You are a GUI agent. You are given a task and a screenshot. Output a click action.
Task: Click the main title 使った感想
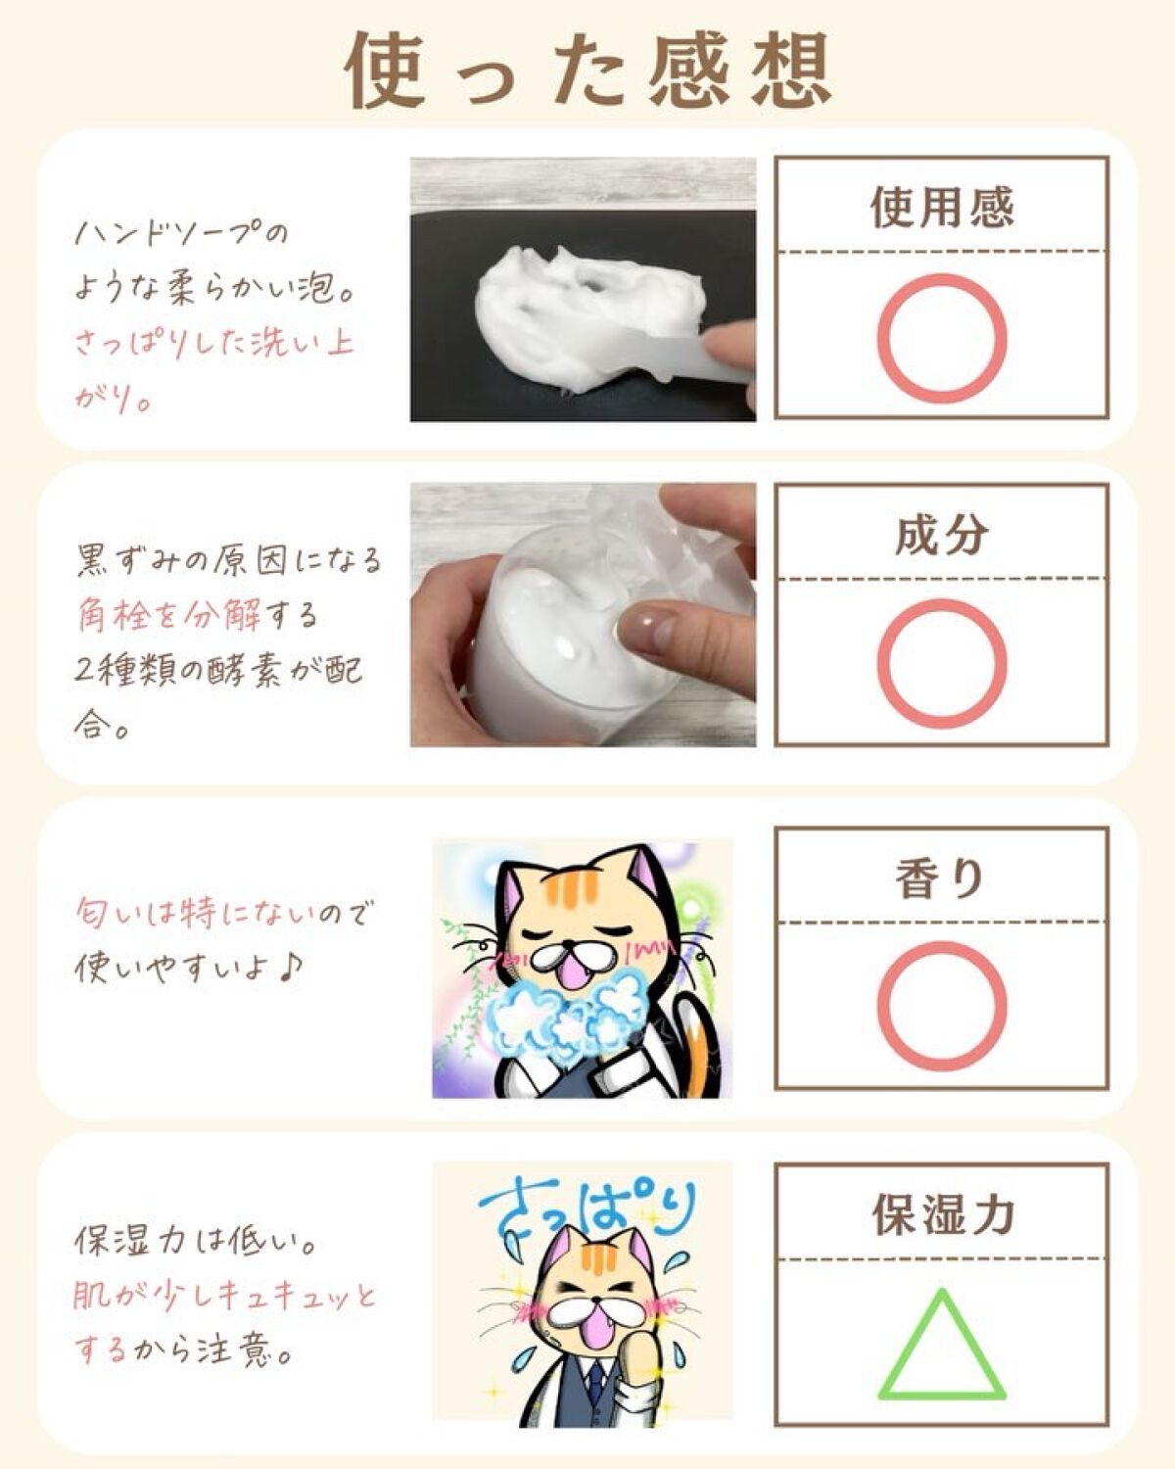[587, 71]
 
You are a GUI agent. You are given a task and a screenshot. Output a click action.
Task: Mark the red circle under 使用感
[942, 338]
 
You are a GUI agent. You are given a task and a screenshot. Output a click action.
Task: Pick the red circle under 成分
[942, 664]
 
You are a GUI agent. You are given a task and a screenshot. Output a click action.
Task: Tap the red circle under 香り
[942, 1007]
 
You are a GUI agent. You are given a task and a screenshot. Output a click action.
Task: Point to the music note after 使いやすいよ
[290, 966]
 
